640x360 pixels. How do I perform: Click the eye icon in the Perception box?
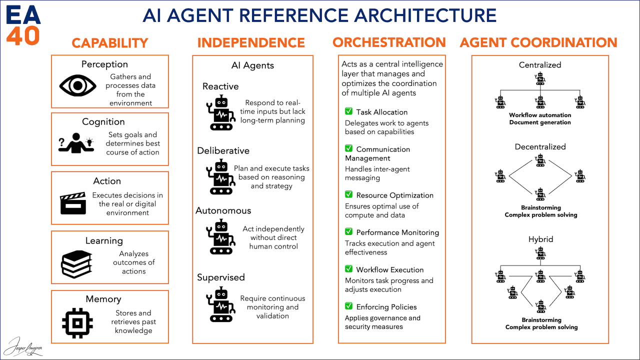click(x=77, y=85)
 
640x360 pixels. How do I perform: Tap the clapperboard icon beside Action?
click(x=73, y=204)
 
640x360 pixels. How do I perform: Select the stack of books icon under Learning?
click(x=76, y=264)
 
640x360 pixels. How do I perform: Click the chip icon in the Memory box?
click(x=76, y=322)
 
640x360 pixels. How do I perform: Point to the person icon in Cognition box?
click(x=76, y=142)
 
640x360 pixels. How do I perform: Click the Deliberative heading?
click(x=223, y=150)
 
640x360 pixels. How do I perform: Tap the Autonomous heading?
click(x=223, y=210)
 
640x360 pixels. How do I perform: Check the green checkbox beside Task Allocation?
click(x=348, y=111)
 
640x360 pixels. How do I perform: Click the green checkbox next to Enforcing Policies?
click(x=348, y=306)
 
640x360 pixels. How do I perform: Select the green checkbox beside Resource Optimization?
click(x=348, y=194)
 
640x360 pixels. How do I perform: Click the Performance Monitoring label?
click(x=397, y=232)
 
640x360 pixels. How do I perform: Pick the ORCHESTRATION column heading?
click(x=389, y=42)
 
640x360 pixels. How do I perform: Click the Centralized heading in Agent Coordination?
click(x=540, y=65)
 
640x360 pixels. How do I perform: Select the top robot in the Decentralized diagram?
click(x=540, y=160)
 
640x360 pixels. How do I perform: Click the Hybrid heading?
click(x=540, y=239)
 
